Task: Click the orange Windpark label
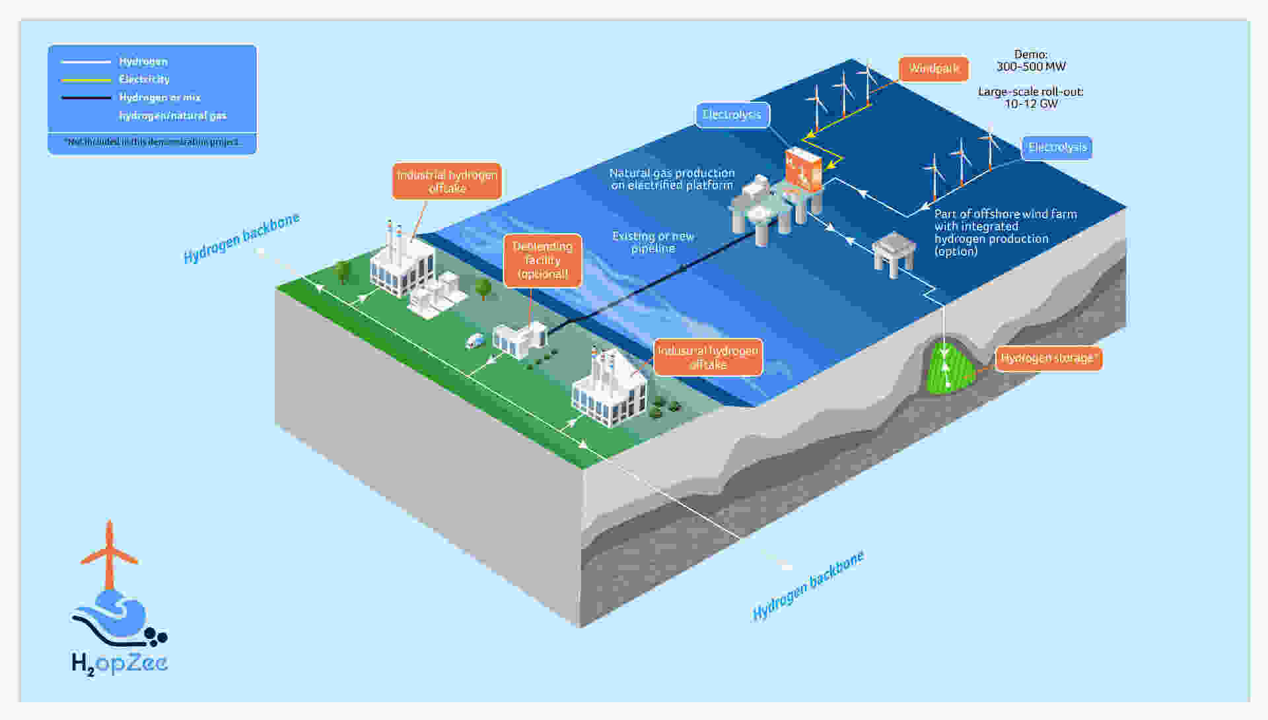coord(933,69)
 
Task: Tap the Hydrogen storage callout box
coord(1048,358)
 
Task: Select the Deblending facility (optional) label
coord(542,261)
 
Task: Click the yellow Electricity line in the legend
coord(86,80)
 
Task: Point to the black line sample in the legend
coord(86,98)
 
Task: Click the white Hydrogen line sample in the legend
coord(86,62)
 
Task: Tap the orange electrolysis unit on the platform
coord(804,169)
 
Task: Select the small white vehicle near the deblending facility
coord(475,341)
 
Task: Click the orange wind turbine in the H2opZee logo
coord(109,556)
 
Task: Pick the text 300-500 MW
coord(1030,67)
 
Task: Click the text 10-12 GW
coord(1030,104)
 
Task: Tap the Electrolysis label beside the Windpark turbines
coord(732,115)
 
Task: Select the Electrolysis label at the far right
coord(1057,147)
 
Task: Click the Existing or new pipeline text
coord(652,242)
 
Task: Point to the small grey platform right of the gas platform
coord(893,253)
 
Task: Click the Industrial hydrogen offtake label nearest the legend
coord(447,181)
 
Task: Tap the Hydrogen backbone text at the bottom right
coord(808,585)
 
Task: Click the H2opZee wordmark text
coord(120,663)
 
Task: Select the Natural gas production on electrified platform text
coord(672,179)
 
